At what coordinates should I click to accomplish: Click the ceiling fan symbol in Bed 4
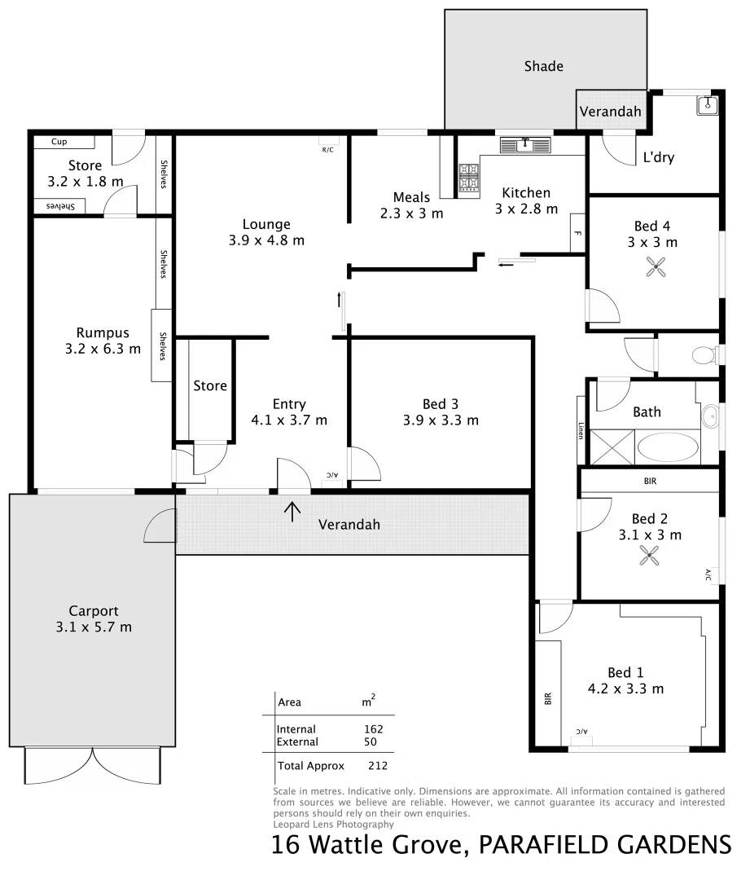pos(655,266)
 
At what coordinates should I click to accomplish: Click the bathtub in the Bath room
pos(667,447)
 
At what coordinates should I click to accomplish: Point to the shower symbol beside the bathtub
pos(611,447)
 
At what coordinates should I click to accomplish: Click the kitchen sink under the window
pos(525,145)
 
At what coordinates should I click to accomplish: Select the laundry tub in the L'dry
pos(707,104)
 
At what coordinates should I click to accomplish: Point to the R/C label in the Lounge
pos(328,150)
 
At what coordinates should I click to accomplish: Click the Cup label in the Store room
pos(59,142)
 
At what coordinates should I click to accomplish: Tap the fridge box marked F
pos(577,233)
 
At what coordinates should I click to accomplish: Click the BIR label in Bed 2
pos(649,482)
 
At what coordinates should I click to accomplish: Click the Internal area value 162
pos(374,729)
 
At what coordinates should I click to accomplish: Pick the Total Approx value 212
pos(377,766)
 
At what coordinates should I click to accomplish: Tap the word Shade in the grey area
pos(543,66)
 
